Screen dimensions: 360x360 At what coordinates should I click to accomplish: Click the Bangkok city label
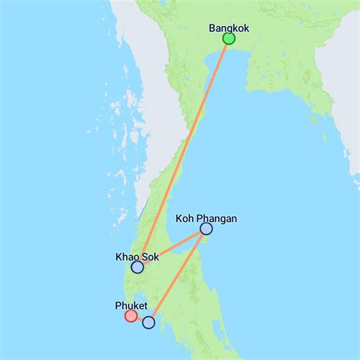[x=229, y=28]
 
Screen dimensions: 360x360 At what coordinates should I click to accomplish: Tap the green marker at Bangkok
[x=229, y=39]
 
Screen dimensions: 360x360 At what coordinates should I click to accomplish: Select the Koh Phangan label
[x=206, y=219]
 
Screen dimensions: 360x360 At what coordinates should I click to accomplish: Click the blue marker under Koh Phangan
[x=206, y=229]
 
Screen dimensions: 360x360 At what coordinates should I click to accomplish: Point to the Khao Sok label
[x=137, y=257]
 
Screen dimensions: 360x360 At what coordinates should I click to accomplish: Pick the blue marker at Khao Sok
[x=137, y=267]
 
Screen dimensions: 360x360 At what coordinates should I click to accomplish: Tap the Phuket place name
[x=131, y=306]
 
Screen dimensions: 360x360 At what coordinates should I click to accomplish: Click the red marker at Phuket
[x=131, y=316]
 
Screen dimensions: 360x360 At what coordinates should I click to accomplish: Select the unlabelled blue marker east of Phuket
[x=149, y=323]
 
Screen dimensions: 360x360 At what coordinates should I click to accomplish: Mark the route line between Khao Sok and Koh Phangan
[x=172, y=248]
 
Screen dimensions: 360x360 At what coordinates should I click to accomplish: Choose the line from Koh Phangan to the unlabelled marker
[x=177, y=276]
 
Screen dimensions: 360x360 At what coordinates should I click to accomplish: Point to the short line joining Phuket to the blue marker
[x=140, y=319]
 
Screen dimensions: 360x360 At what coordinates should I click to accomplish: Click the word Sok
[x=150, y=257]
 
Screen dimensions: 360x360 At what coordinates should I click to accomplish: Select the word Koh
[x=185, y=219]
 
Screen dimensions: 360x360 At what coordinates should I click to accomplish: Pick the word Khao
[x=127, y=257]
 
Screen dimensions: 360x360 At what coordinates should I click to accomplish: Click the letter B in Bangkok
[x=213, y=28]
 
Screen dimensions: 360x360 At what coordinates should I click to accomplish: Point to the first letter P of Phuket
[x=118, y=306]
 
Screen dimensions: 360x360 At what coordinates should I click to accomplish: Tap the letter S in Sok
[x=144, y=257]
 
